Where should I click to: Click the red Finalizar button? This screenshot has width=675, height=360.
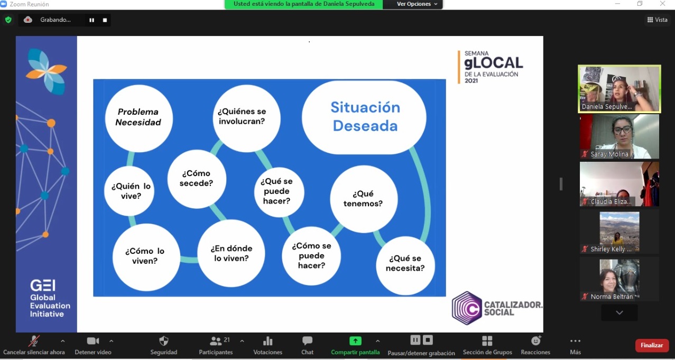pos(652,345)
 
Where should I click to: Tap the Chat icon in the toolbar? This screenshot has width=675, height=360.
pos(307,341)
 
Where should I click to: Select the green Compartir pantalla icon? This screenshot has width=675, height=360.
pos(355,341)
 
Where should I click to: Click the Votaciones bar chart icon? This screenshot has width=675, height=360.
pos(267,341)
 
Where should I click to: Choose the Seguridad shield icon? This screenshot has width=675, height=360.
pos(164,341)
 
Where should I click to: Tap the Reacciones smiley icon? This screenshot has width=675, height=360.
pos(535,340)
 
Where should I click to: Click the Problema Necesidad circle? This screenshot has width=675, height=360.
pos(138,118)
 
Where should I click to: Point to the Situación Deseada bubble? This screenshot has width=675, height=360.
pos(364,117)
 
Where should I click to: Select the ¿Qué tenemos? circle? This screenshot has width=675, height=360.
pos(364,199)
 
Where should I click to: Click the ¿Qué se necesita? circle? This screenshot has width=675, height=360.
pos(405,265)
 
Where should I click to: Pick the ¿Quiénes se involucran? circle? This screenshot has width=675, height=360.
pos(246,118)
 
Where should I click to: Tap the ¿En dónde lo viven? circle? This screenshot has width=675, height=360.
pos(231,253)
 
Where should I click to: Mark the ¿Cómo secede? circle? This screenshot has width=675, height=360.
pos(197,179)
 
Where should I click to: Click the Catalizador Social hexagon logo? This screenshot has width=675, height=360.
pos(467,308)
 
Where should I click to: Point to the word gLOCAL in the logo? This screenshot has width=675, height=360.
pos(494,63)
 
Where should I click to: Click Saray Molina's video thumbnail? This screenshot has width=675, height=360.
pos(619,136)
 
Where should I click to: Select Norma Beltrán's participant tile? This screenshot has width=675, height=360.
pos(619,279)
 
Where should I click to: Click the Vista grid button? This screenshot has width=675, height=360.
pos(657,20)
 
